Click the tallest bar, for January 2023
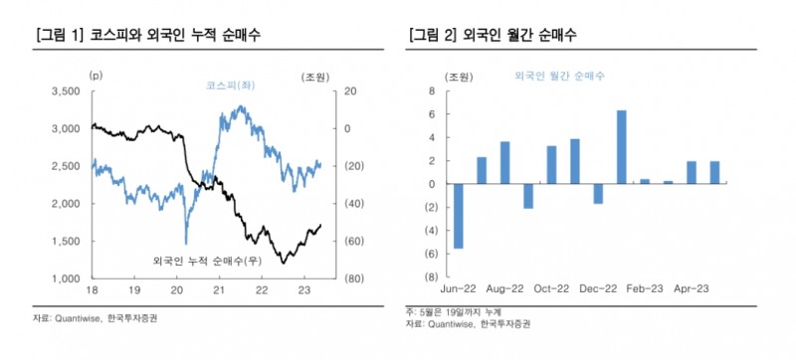pyautogui.click(x=622, y=146)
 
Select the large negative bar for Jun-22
pyautogui.click(x=458, y=216)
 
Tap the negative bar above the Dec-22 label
pyautogui.click(x=598, y=193)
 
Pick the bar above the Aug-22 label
pyautogui.click(x=504, y=162)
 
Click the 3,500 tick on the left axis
pyautogui.click(x=65, y=91)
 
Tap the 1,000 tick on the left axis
pyautogui.click(x=67, y=278)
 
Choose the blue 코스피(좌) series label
pyautogui.click(x=228, y=87)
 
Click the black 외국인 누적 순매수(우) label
pyautogui.click(x=206, y=262)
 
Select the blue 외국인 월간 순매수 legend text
pyautogui.click(x=560, y=76)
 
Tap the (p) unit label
pyautogui.click(x=96, y=75)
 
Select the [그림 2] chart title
pyautogui.click(x=494, y=36)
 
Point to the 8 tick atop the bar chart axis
pyautogui.click(x=432, y=91)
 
